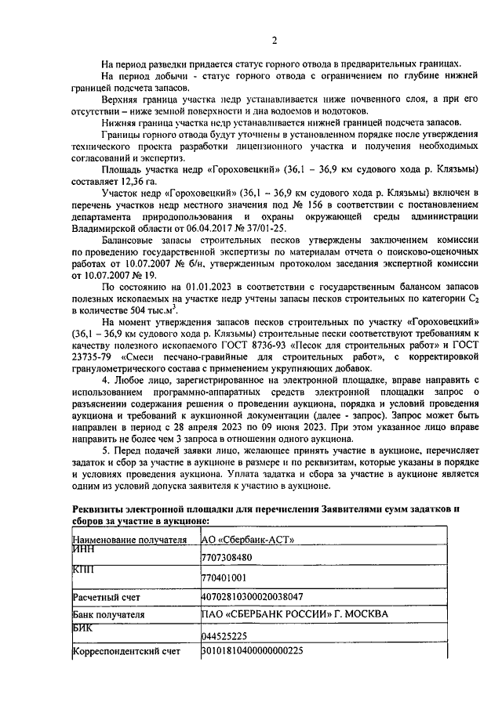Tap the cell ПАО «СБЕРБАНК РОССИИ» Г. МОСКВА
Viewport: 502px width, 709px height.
[294, 615]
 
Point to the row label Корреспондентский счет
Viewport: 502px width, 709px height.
[126, 651]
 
